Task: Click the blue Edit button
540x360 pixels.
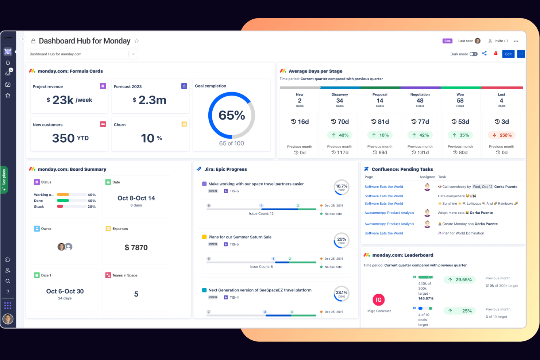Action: coord(508,54)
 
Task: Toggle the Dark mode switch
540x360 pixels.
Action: coord(474,54)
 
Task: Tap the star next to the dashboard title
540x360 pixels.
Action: coord(137,41)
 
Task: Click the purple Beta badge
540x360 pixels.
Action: coord(447,41)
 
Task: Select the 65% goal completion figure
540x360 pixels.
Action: coord(232,116)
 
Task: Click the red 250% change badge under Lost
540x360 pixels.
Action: coord(502,135)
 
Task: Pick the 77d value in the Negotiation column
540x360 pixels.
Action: coord(420,122)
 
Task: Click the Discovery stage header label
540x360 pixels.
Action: coord(340,94)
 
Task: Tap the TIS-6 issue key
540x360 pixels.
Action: coord(234,191)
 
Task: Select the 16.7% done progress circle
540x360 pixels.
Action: coord(342,187)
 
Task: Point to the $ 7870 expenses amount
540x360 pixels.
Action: coord(136,248)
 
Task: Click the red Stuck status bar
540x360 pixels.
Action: coord(60,206)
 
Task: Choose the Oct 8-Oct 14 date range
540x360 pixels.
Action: coord(136,198)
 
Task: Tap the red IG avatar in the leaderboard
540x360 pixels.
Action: coord(379,300)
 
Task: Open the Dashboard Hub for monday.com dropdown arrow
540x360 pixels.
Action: coord(134,54)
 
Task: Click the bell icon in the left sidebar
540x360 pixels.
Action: coord(8,63)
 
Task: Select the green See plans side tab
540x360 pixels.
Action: coord(4,179)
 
